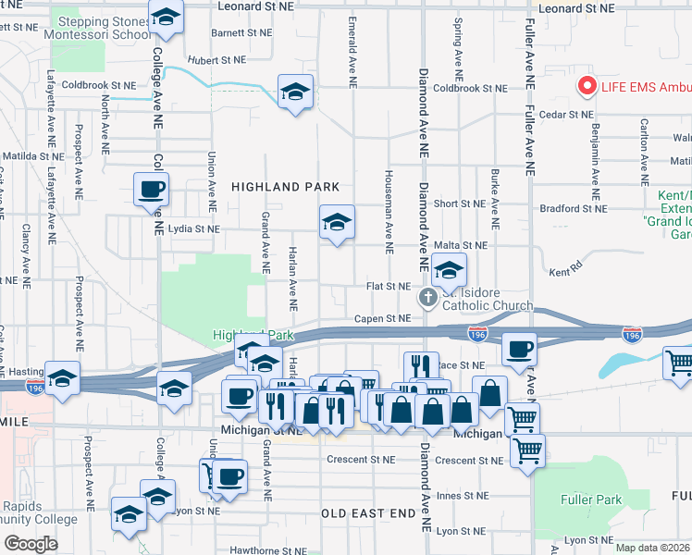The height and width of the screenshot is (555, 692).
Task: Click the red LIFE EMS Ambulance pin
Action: coord(586,86)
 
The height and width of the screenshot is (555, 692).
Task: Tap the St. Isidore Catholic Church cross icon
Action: coord(427,298)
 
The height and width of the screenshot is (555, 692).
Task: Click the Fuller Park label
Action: coord(590,499)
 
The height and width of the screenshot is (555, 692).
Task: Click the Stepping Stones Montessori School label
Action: coord(103,28)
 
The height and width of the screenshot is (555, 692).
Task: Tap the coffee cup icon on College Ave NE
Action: coord(151,190)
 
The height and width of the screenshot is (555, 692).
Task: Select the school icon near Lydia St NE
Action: coord(337,221)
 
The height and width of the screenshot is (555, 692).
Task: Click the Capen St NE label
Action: coord(382,318)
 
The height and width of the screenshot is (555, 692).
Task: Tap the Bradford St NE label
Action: coord(573,209)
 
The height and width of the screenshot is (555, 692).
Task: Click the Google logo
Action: coord(31,544)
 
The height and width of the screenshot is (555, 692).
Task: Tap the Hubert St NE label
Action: coord(216,59)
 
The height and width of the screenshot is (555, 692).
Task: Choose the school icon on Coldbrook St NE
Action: coord(295,91)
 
